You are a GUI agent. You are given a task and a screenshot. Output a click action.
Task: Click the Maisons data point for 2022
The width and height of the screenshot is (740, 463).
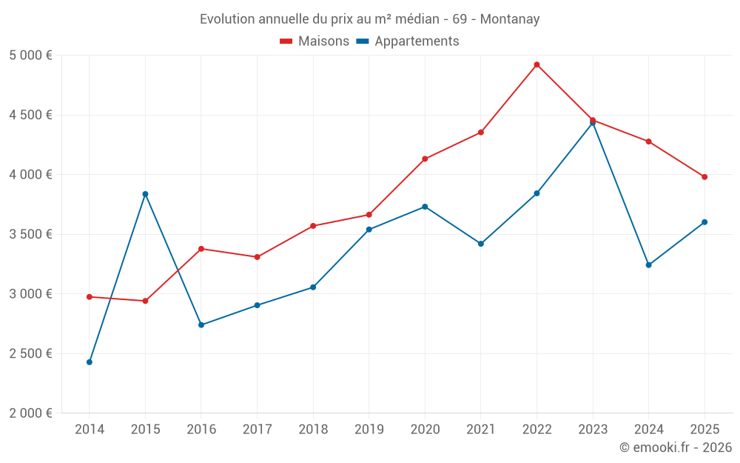pos(536,64)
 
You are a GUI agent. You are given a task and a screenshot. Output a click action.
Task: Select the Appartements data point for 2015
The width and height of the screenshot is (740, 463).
pos(145,194)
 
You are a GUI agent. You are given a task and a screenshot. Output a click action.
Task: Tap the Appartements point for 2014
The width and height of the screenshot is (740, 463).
pos(90,362)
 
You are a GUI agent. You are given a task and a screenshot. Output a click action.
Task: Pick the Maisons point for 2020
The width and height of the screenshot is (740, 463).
pos(425,159)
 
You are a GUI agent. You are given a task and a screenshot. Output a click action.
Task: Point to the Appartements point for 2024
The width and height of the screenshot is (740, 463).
pos(649,265)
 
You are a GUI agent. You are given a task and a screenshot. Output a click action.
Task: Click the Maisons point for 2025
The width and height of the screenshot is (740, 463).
pos(704,177)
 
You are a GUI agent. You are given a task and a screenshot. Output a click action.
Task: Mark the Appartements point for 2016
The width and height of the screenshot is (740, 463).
pos(201,325)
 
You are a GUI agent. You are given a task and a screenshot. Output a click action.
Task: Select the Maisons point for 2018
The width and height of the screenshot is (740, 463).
pos(313,226)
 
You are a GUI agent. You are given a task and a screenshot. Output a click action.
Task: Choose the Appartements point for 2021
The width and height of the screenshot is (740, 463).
pos(481,244)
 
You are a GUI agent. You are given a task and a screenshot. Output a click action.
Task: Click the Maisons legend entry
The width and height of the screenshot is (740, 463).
pos(314,41)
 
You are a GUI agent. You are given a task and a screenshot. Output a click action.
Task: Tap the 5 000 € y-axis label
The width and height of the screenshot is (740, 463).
pos(31,56)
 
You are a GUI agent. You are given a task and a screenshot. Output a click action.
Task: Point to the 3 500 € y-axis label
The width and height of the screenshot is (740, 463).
pos(31,234)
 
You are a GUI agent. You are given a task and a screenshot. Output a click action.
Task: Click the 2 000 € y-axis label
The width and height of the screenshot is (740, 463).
pos(31,413)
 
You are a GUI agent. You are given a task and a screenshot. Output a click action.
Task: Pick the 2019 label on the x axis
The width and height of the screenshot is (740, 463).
pos(369,430)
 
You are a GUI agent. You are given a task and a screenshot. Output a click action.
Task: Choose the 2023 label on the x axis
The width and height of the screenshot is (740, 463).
pos(593,430)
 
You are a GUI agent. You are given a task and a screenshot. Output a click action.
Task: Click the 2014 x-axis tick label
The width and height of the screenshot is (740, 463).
pos(90,430)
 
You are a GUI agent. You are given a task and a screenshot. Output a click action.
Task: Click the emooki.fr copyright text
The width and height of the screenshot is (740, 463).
pos(676,447)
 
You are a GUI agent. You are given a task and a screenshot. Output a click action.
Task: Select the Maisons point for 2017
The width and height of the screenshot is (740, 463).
pos(257,257)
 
